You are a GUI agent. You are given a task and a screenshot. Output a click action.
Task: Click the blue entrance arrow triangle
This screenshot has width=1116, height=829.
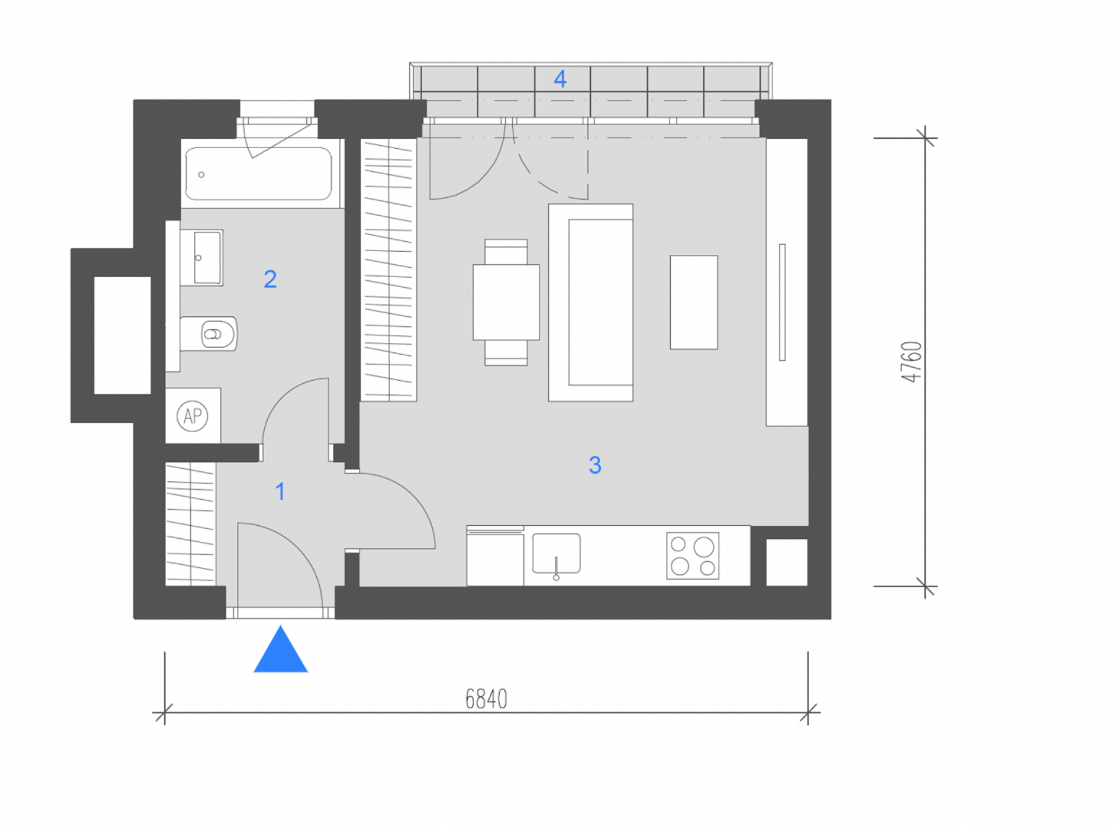pos(280,651)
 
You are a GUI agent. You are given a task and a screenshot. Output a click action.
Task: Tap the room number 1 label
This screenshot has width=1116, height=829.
pos(280,492)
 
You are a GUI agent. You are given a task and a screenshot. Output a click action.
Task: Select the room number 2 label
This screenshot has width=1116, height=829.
pos(270,279)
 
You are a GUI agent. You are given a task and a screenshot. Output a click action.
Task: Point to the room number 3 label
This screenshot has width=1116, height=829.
pos(595,465)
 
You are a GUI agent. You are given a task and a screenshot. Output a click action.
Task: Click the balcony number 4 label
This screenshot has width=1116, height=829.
pos(560,79)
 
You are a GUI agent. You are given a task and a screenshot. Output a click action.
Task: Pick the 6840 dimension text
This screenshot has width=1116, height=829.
pos(486,699)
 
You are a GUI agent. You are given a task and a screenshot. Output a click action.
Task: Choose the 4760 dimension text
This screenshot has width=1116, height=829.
pos(911,361)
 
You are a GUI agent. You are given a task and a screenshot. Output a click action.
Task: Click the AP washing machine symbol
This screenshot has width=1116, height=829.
pos(193,415)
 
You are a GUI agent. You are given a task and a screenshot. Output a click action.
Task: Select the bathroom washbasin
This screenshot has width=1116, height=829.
pos(201,257)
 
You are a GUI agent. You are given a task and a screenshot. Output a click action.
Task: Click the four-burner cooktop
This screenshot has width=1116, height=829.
pos(693,556)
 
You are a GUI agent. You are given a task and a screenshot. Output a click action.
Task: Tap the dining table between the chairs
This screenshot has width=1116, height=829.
pos(506,303)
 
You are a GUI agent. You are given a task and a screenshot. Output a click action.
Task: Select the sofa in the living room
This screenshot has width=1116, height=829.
pos(590,303)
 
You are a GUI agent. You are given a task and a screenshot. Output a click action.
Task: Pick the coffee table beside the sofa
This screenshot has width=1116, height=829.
pos(694,303)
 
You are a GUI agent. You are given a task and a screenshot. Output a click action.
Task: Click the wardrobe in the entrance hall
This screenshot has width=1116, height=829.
pos(190,524)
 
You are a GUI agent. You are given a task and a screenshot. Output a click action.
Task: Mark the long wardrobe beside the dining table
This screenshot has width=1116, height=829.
pos(389,270)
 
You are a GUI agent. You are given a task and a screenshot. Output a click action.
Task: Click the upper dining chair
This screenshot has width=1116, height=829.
pos(506,252)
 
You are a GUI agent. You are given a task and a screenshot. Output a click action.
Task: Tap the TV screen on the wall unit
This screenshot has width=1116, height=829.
pos(782,302)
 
